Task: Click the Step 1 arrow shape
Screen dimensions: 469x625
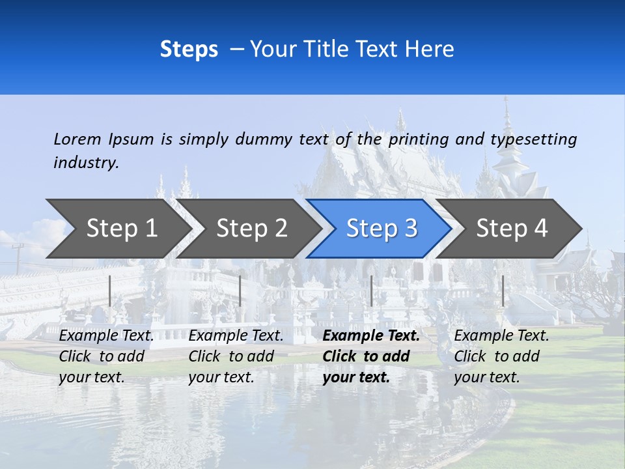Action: tap(121, 229)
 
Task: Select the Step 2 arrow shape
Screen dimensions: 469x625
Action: tap(251, 229)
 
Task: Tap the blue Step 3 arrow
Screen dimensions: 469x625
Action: tap(382, 229)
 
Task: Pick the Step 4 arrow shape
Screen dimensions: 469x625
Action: tap(512, 229)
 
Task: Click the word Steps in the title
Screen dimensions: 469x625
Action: tap(189, 50)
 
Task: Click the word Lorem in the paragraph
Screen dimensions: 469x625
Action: tap(77, 139)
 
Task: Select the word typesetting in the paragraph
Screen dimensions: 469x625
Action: tap(533, 139)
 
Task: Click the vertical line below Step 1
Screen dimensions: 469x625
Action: tap(110, 291)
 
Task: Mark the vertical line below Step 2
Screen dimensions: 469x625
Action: tap(240, 291)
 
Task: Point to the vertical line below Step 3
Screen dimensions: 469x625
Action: tap(371, 291)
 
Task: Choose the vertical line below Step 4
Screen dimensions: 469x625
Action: tap(503, 291)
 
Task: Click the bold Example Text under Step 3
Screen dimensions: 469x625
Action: tap(371, 336)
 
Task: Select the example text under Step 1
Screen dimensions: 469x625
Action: tap(106, 356)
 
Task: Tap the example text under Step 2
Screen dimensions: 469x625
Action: tap(236, 356)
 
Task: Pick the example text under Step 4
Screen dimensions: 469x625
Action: tap(501, 356)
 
